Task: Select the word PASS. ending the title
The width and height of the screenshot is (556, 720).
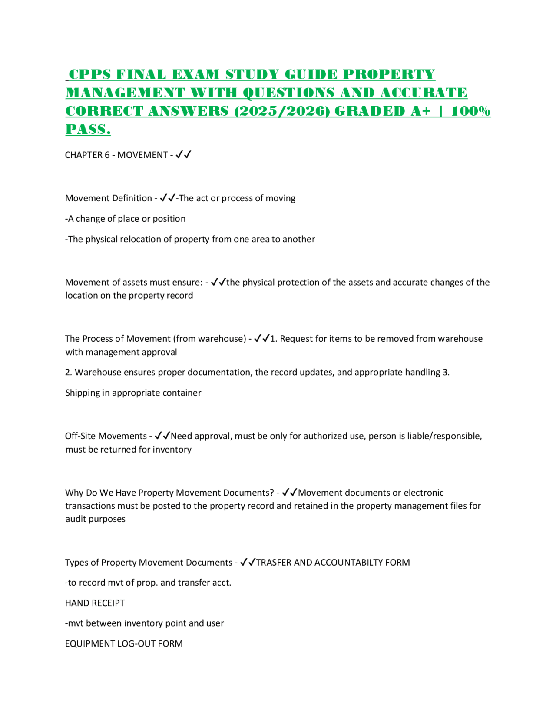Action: (x=88, y=129)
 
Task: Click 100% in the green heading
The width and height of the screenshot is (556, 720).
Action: (x=471, y=111)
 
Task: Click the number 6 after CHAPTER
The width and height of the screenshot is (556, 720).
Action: (x=107, y=155)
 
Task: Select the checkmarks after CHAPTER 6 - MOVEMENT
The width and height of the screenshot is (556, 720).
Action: (x=183, y=155)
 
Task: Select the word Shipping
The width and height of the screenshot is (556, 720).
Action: (x=82, y=393)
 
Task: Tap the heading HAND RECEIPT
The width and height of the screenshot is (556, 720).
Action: (x=95, y=603)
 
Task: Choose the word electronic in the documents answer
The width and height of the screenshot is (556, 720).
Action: (x=424, y=493)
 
